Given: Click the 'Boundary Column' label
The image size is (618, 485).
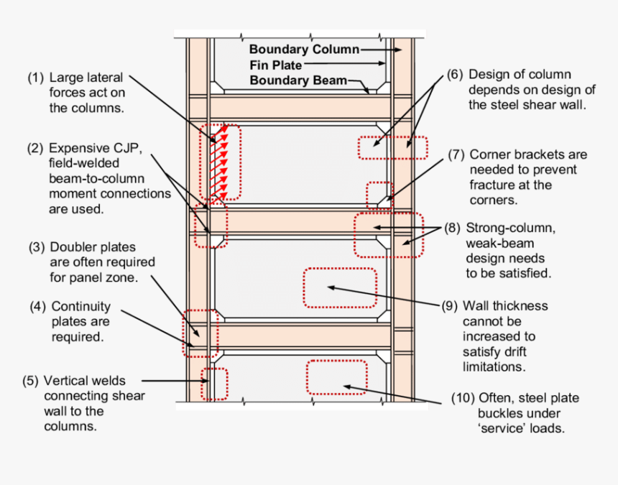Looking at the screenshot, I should click(x=304, y=50).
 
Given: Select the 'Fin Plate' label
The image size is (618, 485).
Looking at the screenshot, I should click(x=275, y=65).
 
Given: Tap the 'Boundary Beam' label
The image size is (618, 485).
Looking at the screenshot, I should click(x=298, y=80).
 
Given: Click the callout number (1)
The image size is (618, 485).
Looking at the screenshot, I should click(x=36, y=78).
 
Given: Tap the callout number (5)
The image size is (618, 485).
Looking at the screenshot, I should click(x=31, y=381).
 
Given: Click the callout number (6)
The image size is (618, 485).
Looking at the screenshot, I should click(x=454, y=75).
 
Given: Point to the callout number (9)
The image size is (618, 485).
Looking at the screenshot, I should click(x=450, y=306).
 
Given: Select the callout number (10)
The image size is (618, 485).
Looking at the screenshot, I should click(x=462, y=398).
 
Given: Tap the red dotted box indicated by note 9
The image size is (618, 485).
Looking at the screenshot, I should click(x=340, y=287).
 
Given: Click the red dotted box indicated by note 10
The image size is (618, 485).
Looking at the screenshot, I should click(x=342, y=377).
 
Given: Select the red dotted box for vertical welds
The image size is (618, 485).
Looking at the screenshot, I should click(x=214, y=384).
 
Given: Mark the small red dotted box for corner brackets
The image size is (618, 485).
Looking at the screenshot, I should click(x=379, y=195).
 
